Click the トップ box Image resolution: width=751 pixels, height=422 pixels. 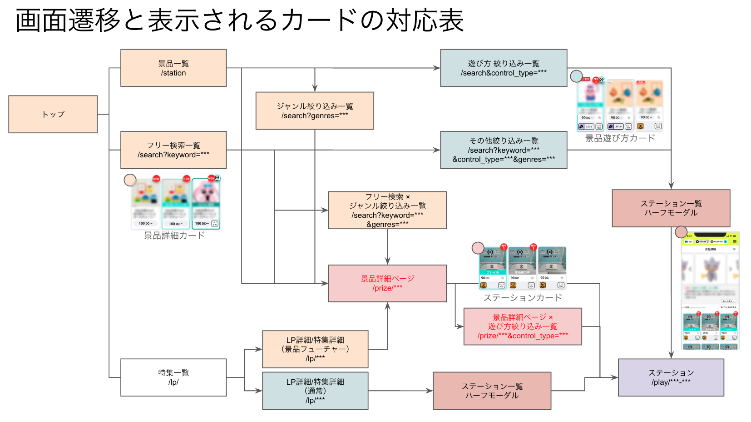point(53,114)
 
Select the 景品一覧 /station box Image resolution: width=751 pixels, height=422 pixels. point(173,68)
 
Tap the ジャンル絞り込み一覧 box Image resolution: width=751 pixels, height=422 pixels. point(315,111)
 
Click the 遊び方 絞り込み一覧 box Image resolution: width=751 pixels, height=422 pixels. point(504,68)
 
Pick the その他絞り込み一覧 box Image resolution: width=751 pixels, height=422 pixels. point(504,150)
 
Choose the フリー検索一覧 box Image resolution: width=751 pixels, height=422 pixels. point(173,150)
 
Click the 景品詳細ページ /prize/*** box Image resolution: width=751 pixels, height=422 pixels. point(387,283)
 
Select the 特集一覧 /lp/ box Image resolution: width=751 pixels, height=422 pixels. point(173,377)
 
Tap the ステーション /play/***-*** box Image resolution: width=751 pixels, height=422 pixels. point(671,377)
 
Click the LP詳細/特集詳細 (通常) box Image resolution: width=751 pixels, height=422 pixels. point(315,391)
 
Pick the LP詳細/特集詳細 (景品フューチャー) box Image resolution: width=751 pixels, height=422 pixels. point(315,349)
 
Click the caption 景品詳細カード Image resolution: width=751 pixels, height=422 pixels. point(174,236)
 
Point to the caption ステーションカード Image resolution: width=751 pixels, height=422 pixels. point(523,298)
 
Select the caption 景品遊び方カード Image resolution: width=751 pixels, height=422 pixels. point(620,138)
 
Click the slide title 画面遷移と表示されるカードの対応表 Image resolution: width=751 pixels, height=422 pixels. point(239,20)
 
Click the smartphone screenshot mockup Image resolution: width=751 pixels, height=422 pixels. point(710,291)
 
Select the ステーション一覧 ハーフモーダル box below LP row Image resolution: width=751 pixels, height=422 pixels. point(492,391)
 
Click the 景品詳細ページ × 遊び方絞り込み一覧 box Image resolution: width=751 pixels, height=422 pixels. point(523,327)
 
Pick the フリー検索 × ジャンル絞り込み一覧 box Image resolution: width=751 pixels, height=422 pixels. point(387,210)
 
